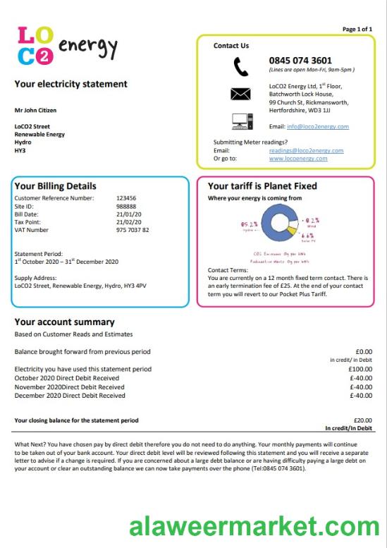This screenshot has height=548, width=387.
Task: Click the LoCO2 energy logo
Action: (x=65, y=47)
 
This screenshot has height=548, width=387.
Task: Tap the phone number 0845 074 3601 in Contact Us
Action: (x=300, y=61)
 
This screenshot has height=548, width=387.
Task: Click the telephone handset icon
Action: (x=241, y=66)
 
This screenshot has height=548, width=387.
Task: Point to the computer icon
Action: (x=241, y=121)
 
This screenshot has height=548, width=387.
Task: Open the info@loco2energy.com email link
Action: (x=317, y=126)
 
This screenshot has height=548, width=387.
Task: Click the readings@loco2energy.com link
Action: (x=306, y=150)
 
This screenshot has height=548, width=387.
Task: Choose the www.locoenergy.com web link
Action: (x=297, y=159)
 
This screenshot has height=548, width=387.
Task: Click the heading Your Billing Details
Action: (x=56, y=186)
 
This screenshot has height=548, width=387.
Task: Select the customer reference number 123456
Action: (x=126, y=198)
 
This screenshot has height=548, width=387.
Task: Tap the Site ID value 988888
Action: (x=126, y=206)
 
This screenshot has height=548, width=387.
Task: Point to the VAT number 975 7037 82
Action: (x=133, y=230)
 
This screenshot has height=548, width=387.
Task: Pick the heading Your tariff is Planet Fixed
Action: (x=262, y=186)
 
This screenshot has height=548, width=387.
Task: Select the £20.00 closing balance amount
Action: (x=362, y=420)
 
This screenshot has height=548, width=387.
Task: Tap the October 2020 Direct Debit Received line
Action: (x=67, y=378)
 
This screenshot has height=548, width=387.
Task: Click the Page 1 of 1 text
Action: (x=357, y=29)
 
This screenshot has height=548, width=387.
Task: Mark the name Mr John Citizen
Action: (x=35, y=110)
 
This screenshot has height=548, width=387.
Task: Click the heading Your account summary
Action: (x=64, y=322)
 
